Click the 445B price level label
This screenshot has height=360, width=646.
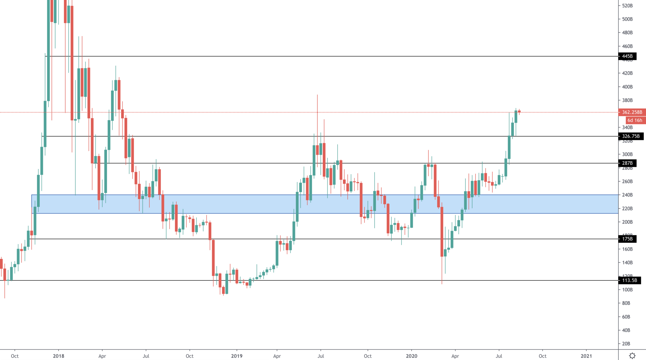[627, 56]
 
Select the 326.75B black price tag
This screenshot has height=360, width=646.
[631, 136]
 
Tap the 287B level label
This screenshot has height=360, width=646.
[627, 163]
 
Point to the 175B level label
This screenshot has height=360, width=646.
[627, 239]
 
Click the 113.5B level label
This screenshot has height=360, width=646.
[629, 280]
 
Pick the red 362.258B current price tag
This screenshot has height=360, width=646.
[632, 112]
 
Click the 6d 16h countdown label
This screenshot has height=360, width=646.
[635, 120]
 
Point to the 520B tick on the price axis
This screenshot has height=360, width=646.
[627, 6]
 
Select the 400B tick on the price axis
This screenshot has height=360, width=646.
[627, 87]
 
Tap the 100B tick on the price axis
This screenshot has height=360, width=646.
[627, 290]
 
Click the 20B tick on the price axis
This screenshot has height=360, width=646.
[626, 344]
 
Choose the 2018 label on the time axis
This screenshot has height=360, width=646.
[59, 356]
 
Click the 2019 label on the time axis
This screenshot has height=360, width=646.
[237, 356]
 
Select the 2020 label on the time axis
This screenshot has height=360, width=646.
[412, 356]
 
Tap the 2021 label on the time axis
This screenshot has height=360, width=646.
[586, 356]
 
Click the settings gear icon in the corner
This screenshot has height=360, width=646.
[632, 356]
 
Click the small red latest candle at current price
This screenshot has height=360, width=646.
[519, 112]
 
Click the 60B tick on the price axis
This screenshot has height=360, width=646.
[626, 317]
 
